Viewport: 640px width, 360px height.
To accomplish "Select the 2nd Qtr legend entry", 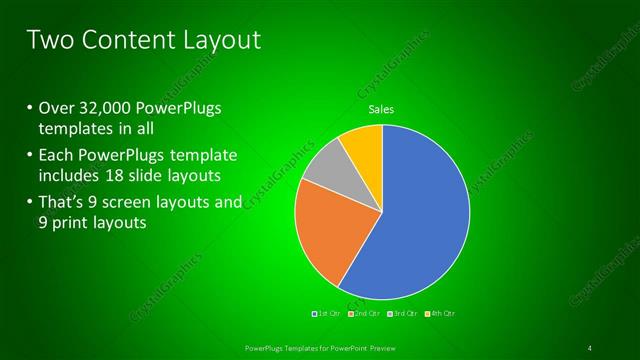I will point(367,314).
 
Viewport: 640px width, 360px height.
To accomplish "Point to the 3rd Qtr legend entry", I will point(404,314).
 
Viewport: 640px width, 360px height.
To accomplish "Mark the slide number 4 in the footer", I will point(590,348).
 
